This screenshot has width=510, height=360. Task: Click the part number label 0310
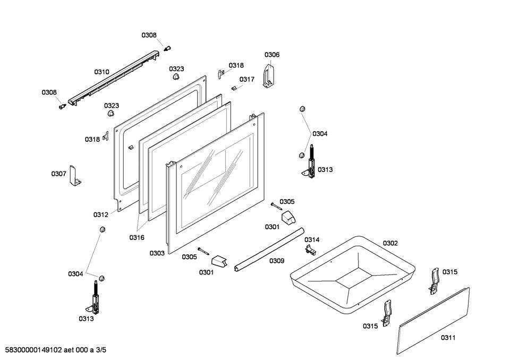101,72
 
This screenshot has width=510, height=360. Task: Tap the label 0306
272,55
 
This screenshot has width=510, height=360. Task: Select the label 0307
58,174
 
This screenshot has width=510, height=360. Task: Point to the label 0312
101,215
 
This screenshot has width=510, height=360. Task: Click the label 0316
137,237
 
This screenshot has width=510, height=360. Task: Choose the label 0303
157,253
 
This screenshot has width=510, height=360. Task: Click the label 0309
276,261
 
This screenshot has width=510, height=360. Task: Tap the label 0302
390,243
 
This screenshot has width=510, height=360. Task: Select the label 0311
448,337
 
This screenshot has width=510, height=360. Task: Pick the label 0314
312,239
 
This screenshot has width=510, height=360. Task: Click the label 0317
246,79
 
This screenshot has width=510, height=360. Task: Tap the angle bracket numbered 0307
74,175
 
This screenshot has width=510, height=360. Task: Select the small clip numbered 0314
311,250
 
